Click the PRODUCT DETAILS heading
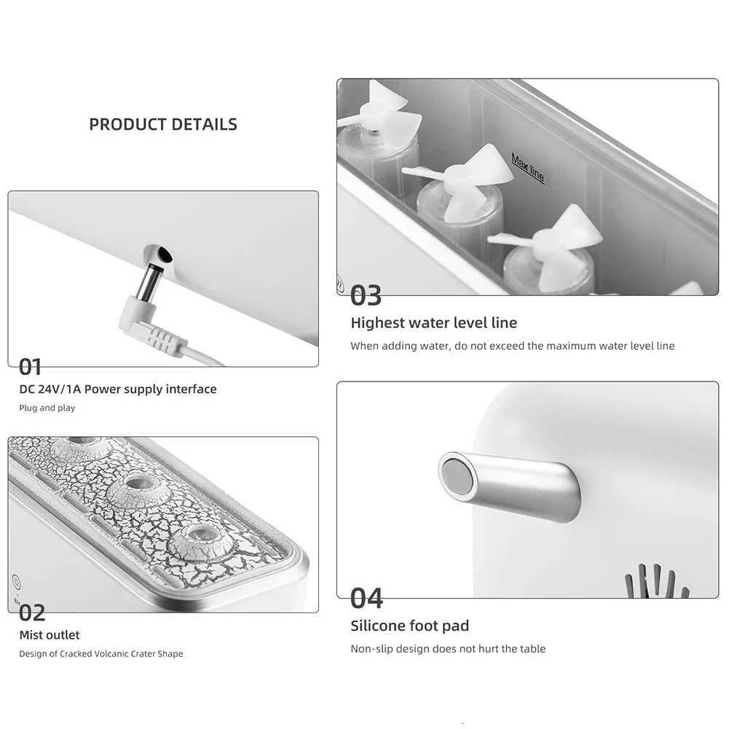tap(163, 125)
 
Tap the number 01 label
tap(31, 366)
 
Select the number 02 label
tap(32, 612)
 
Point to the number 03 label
tap(366, 296)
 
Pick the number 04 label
tap(366, 598)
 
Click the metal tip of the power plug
tap(151, 279)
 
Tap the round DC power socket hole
tap(163, 255)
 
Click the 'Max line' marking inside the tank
tap(528, 168)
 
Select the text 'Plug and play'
tap(47, 408)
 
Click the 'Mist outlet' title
tap(50, 635)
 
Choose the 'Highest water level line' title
tap(433, 323)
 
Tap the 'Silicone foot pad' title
tap(409, 626)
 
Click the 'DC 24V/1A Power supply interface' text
tap(118, 389)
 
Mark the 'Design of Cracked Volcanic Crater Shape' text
tap(101, 654)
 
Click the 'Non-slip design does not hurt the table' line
tap(448, 649)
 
